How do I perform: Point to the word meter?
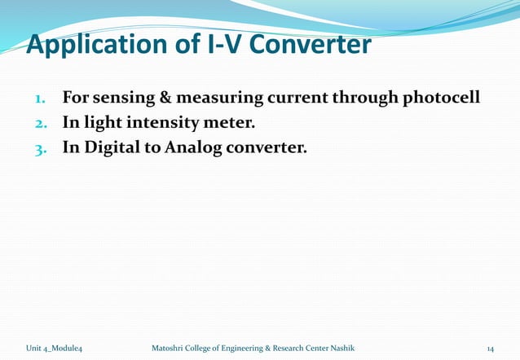click(231, 123)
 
